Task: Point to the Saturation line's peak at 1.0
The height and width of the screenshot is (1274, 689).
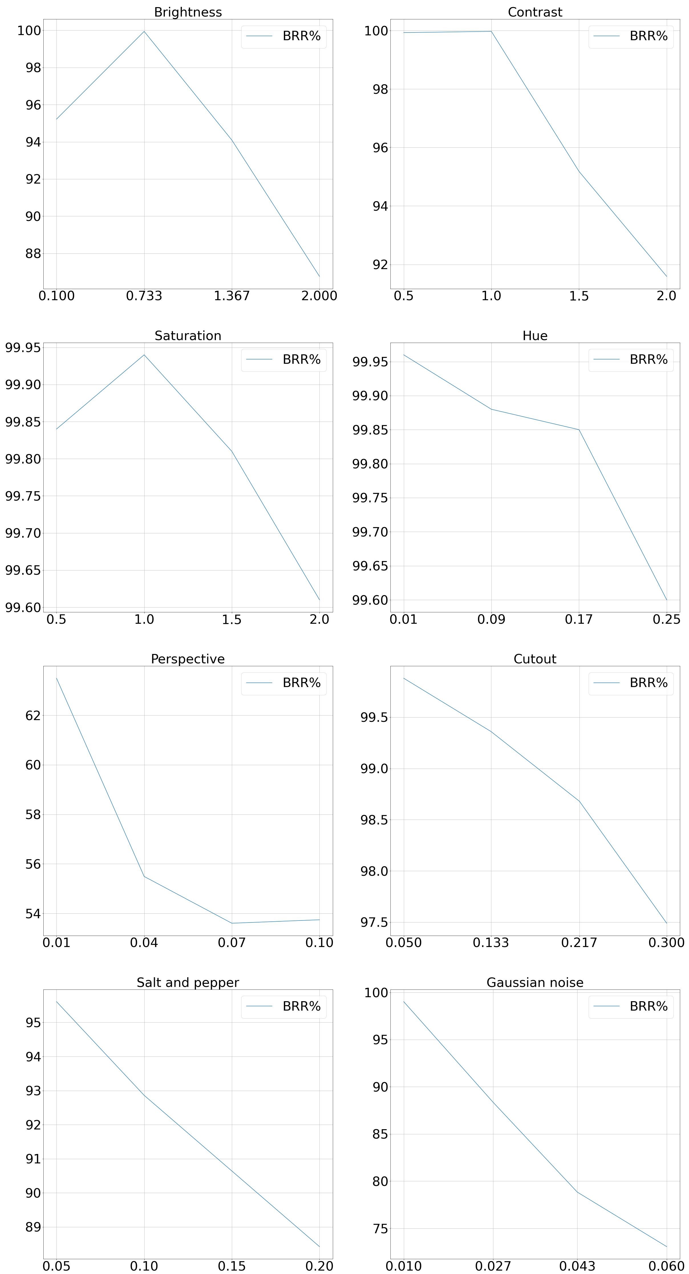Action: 144,355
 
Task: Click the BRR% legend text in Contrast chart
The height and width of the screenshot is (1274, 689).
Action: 648,36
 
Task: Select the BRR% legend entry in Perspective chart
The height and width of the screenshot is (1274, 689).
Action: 301,683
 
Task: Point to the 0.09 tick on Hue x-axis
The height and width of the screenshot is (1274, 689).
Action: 491,619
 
